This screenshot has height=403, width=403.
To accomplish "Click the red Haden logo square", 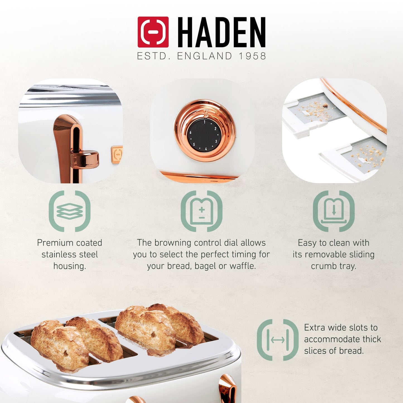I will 153,32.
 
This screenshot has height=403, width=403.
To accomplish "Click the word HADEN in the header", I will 221,32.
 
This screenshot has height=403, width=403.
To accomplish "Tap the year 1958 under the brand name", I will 252,56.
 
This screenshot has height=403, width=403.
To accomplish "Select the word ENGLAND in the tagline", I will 204,56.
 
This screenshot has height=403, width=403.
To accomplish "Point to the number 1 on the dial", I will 204,122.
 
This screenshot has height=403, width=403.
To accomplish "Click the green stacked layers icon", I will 69,211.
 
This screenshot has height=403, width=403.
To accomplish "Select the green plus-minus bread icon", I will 202,211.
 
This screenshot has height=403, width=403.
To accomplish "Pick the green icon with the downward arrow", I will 334,211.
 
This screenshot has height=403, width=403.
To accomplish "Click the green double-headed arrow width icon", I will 278,340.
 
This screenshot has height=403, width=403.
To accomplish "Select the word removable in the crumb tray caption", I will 323,254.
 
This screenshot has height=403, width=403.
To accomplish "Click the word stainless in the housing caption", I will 55,254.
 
